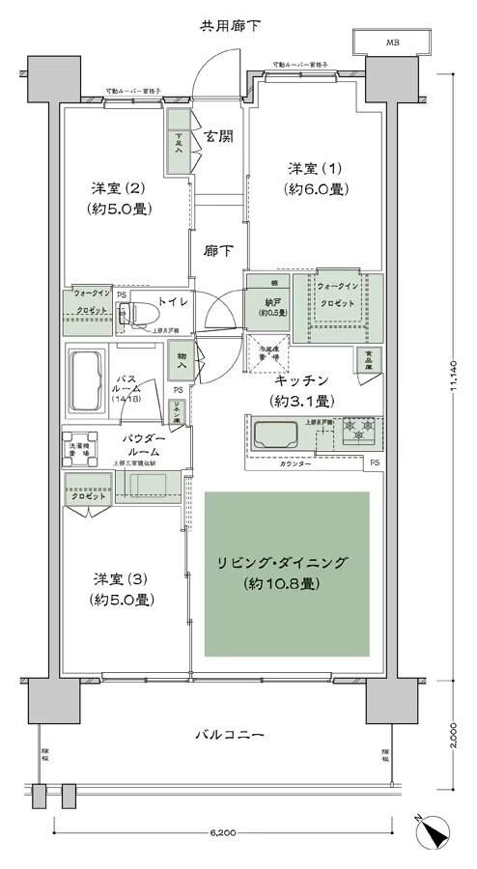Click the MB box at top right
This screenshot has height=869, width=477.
tap(392, 42)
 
